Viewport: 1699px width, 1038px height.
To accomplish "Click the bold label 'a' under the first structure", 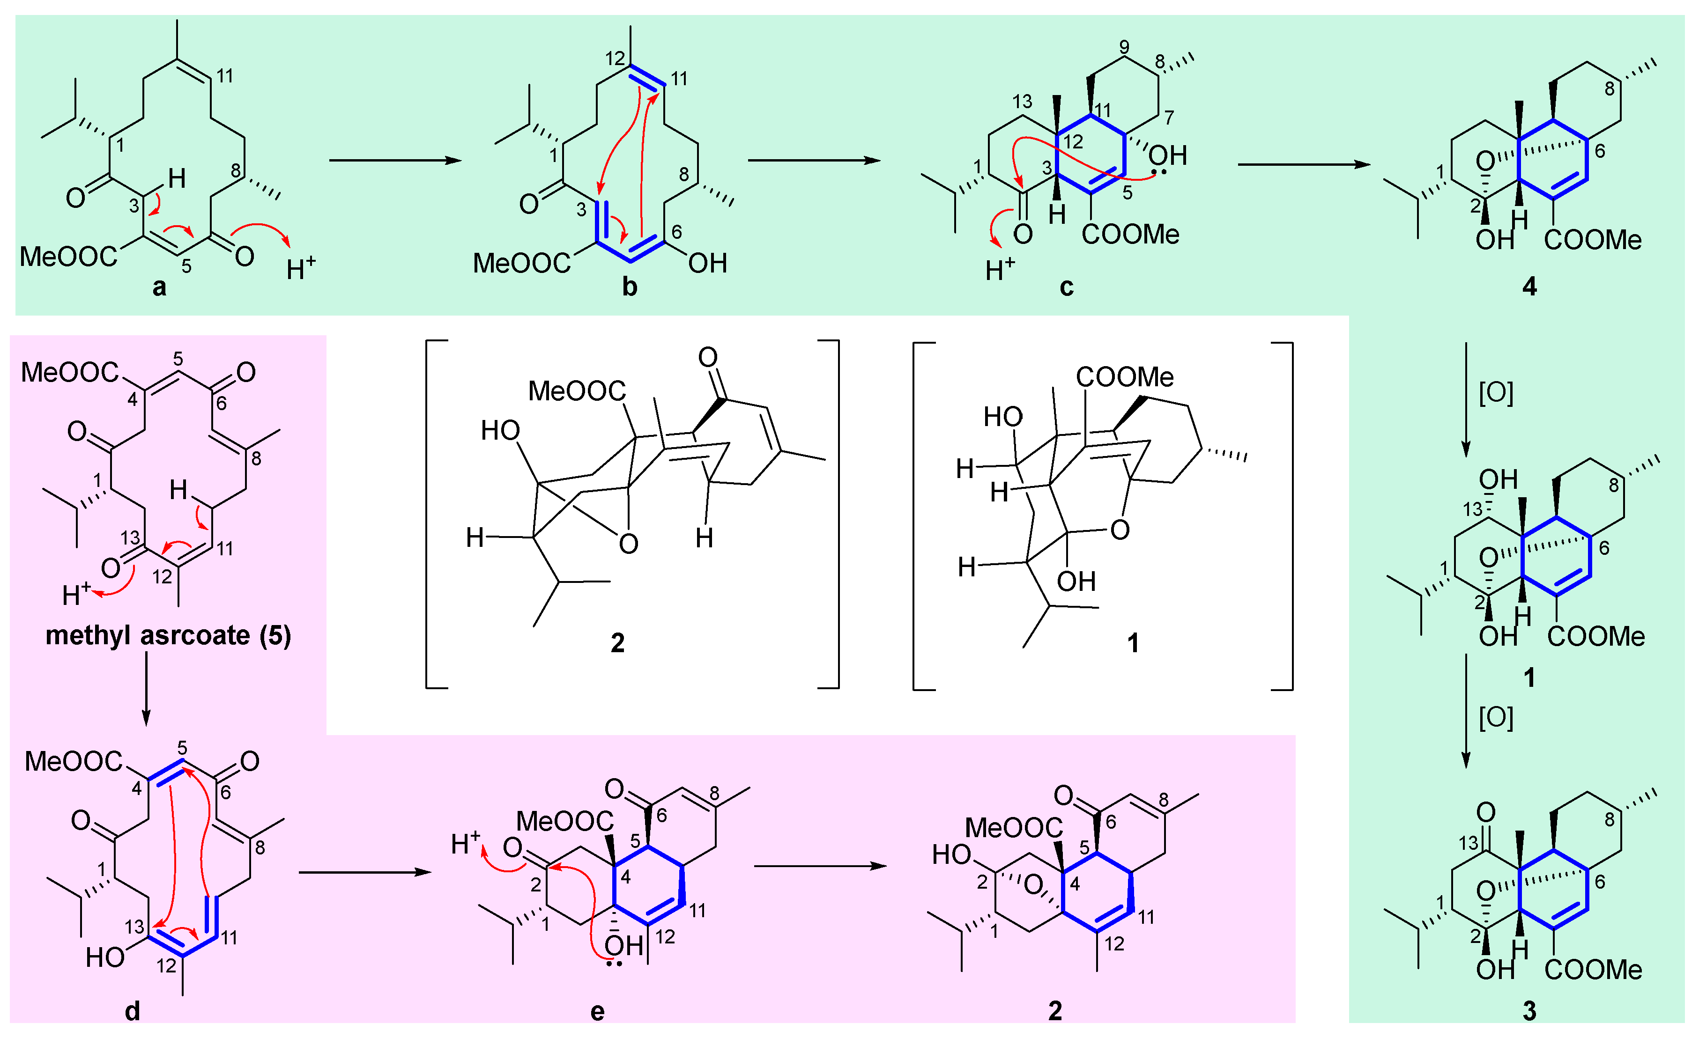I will coord(159,287).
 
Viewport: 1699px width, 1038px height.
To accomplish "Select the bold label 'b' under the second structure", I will coord(630,287).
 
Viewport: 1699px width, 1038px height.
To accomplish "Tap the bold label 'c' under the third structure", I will coord(1066,287).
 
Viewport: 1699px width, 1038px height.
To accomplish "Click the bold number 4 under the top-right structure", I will coord(1529,287).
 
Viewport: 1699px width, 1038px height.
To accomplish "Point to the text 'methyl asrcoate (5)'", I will coord(168,635).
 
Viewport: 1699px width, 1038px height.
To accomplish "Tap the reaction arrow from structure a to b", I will coord(394,161).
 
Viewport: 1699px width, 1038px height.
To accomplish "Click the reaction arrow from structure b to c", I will coord(814,161).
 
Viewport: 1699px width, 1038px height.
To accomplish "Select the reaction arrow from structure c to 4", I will coord(1303,164).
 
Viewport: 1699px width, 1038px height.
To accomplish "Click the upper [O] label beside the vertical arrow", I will coord(1496,393).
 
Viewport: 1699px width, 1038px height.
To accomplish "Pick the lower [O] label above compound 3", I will coord(1496,717).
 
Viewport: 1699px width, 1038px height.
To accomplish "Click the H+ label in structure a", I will coord(301,267).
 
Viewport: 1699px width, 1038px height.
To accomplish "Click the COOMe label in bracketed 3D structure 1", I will coord(1125,376).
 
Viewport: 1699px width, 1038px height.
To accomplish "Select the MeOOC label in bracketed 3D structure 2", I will coord(577,391).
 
